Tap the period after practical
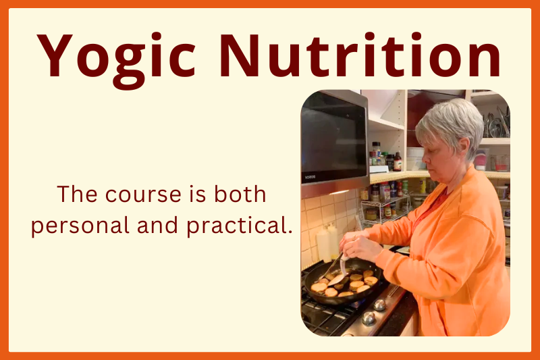point(290,231)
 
